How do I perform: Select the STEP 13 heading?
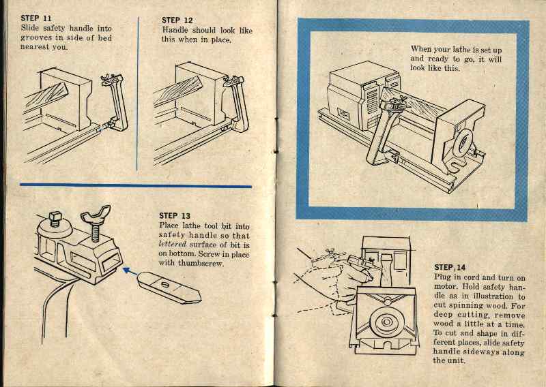point(175,216)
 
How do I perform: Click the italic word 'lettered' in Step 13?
point(172,244)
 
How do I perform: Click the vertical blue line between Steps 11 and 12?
point(139,92)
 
